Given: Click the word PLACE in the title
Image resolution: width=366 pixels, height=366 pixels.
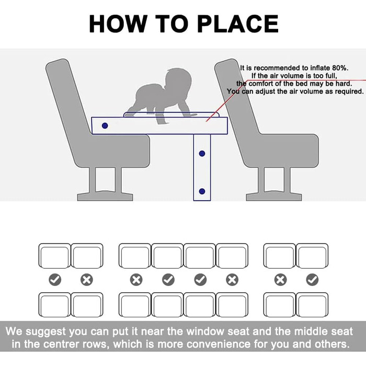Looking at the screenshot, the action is (x=238, y=24).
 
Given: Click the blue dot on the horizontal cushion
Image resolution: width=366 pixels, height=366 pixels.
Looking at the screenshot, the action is (x=105, y=126).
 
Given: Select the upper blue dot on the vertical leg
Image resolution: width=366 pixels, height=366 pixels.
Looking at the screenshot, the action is (x=202, y=154).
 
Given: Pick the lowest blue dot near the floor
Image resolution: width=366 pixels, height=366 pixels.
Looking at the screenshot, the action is (x=202, y=191).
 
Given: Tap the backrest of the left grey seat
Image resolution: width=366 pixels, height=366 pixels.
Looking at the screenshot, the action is (x=66, y=98).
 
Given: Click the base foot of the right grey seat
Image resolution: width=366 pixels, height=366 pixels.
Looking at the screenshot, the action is (x=274, y=197).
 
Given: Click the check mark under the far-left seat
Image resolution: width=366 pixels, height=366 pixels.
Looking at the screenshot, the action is (x=55, y=280).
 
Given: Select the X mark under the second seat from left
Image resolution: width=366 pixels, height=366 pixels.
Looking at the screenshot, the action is (x=87, y=280).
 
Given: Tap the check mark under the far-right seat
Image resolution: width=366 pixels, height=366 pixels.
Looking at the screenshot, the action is (x=312, y=280).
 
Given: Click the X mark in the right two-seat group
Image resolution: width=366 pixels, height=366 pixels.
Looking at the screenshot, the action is (x=280, y=280).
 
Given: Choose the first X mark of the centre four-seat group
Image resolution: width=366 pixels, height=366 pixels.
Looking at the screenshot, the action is (x=136, y=280).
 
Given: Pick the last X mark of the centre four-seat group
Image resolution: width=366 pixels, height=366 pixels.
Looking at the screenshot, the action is (x=232, y=280).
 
